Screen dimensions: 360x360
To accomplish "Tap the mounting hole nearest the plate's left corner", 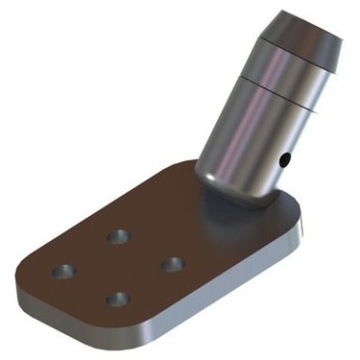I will (64, 270).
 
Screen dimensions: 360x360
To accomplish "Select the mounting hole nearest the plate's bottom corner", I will (117, 299).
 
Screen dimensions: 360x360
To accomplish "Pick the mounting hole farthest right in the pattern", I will (170, 265).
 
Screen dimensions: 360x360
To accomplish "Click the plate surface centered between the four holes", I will (117, 267).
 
